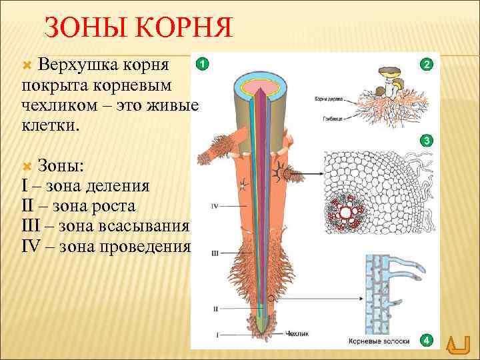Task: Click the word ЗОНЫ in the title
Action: coord(79,29)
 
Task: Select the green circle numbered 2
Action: coord(426,64)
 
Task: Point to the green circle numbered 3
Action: coord(426,141)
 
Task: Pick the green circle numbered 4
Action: coord(426,341)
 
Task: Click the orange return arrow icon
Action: coord(457,346)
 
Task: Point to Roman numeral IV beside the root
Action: coord(215,207)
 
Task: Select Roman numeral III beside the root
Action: coord(215,254)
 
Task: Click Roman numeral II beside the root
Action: coord(215,309)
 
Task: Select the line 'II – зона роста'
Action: coord(79,206)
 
